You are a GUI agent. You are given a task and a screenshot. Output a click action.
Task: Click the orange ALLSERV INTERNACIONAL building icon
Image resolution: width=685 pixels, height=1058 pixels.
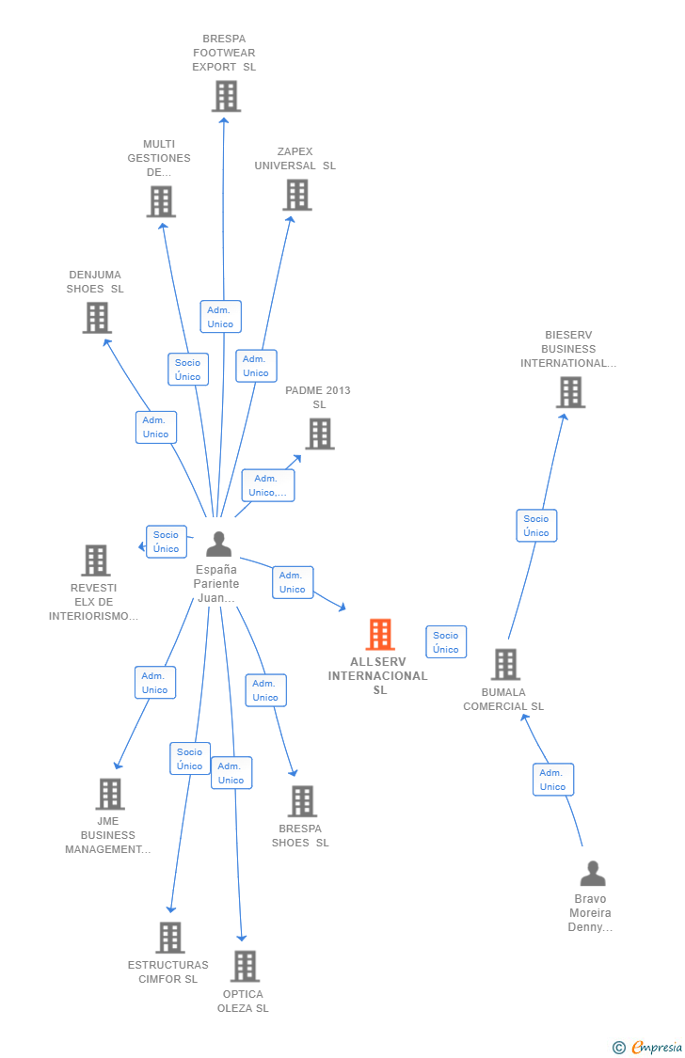(380, 635)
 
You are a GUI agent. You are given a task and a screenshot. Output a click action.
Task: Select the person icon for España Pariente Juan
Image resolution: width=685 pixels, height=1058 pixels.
(218, 545)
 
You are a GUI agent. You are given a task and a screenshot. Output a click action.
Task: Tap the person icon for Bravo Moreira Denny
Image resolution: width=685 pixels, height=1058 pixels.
(593, 874)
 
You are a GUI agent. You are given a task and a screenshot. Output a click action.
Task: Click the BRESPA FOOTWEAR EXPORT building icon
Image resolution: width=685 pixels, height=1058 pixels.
(226, 96)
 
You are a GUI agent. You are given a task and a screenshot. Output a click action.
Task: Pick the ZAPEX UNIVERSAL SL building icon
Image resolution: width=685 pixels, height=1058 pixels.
(297, 195)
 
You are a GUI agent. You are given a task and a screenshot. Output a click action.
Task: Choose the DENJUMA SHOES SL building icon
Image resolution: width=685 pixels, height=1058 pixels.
(97, 318)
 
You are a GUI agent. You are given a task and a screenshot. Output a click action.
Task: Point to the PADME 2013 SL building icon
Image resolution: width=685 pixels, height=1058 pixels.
(320, 434)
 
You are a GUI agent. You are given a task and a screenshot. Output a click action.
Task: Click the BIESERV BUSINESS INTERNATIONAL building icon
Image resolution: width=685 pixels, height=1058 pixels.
(570, 392)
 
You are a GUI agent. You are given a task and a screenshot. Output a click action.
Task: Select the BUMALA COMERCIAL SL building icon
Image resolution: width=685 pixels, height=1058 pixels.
(505, 664)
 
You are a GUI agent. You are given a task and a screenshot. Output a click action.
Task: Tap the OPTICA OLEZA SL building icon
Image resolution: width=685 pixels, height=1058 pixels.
(245, 966)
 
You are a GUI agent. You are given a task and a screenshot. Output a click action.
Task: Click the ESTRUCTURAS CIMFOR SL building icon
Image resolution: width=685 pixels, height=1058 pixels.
(170, 937)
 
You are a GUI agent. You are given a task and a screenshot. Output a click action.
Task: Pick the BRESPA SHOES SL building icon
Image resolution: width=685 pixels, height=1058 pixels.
(302, 801)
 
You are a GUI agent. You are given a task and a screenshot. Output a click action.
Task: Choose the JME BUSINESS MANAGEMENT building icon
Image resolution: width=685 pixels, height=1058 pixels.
(110, 794)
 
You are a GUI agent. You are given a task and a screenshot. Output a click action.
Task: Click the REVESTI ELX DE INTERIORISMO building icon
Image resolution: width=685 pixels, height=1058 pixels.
(96, 561)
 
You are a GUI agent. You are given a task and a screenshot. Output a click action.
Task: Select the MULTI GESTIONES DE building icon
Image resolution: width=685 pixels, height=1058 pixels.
(161, 201)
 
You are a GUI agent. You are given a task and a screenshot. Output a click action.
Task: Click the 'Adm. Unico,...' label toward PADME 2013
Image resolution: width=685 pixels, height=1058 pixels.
(268, 485)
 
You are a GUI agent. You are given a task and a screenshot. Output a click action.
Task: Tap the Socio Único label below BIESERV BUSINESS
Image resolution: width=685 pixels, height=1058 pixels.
(536, 526)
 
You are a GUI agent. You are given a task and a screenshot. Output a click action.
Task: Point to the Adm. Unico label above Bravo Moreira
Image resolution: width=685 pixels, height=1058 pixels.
(553, 780)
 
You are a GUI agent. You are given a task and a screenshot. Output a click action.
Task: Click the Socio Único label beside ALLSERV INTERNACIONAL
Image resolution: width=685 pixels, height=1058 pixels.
(446, 642)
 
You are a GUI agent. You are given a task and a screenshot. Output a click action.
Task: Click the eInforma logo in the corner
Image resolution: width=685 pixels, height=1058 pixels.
(649, 1047)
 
